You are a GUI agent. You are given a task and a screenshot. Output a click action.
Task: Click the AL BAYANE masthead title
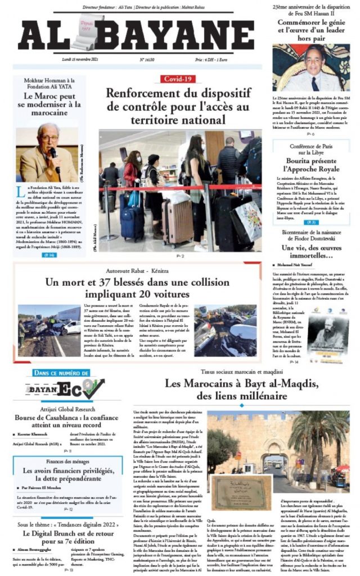point(136,35)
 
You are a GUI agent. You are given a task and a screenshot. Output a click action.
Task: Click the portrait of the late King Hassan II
point(311,68)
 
